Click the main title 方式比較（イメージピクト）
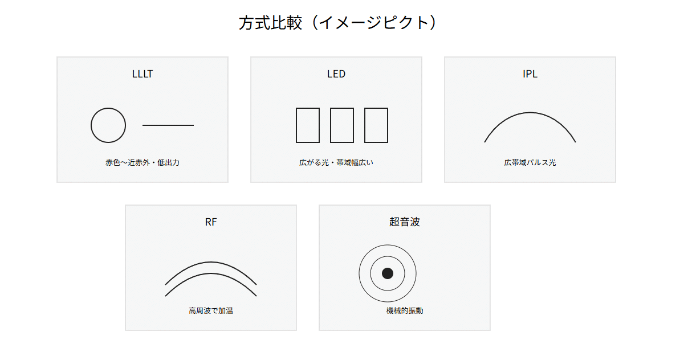point(337,23)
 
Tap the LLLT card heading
point(142,74)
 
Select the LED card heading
point(336,74)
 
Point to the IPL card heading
point(530,74)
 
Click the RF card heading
point(211,222)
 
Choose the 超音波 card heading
point(405,222)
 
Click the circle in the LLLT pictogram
point(91,125)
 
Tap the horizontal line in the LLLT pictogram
point(168,125)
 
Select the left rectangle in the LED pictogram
point(296,125)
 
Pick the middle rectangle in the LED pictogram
point(331,125)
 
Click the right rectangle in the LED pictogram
point(365,125)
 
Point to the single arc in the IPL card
point(530,113)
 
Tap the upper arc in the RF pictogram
point(211,262)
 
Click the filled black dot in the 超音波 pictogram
point(388,273)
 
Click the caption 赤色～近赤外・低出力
point(142,162)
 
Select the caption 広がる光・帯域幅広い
point(336,162)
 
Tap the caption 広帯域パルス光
point(530,162)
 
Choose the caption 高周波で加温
point(211,310)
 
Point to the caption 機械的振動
point(405,310)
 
